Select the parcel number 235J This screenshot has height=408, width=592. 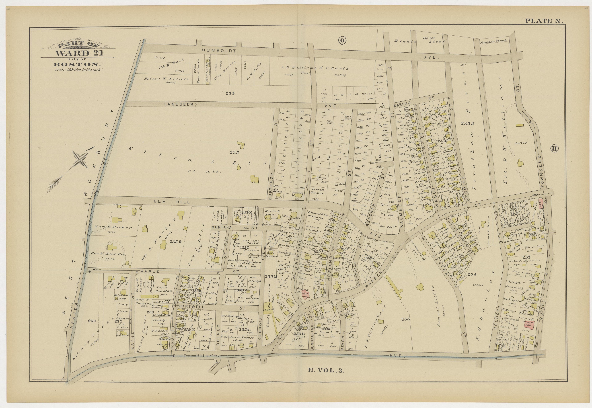tap(468, 123)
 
